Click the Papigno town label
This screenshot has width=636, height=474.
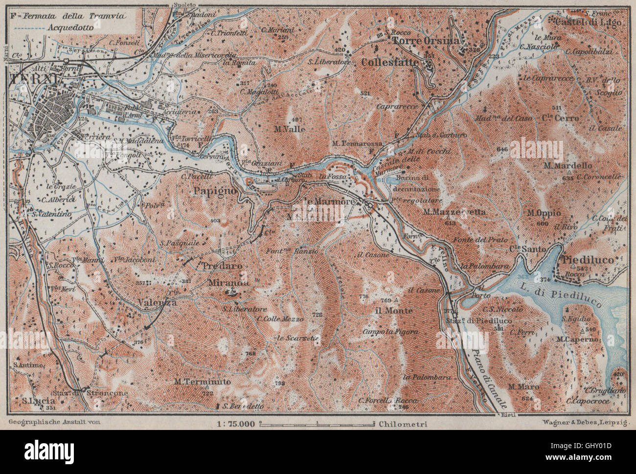click(215, 190)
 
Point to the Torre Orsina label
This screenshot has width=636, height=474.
click(425, 41)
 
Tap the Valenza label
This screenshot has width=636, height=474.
click(157, 302)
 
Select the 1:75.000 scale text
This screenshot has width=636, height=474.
click(236, 424)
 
